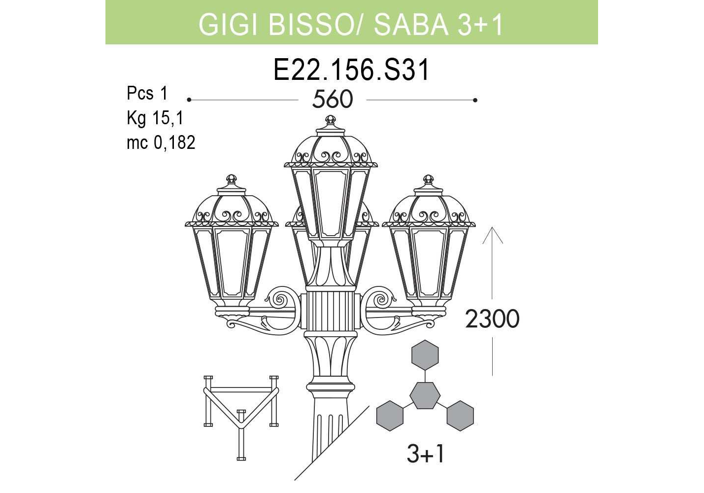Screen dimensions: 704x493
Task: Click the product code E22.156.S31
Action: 351,70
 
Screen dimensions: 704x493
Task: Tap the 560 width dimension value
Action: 333,100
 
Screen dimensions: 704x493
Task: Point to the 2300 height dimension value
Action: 492,319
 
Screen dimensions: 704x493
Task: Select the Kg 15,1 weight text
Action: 155,118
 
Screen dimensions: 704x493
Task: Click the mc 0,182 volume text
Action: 161,142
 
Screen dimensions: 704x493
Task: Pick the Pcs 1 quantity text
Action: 147,93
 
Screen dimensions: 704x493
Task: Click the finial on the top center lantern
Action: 330,120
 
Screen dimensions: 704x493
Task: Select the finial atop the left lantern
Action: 232,179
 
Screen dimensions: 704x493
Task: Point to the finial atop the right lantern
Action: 429,179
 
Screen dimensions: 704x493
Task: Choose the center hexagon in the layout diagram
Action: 425,395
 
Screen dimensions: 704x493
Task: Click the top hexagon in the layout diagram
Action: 425,354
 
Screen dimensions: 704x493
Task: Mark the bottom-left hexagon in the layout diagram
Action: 390,416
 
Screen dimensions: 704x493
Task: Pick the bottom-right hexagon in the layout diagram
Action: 460,416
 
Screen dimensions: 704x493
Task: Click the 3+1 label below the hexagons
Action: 426,454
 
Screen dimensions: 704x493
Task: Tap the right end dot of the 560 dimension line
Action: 475,100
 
